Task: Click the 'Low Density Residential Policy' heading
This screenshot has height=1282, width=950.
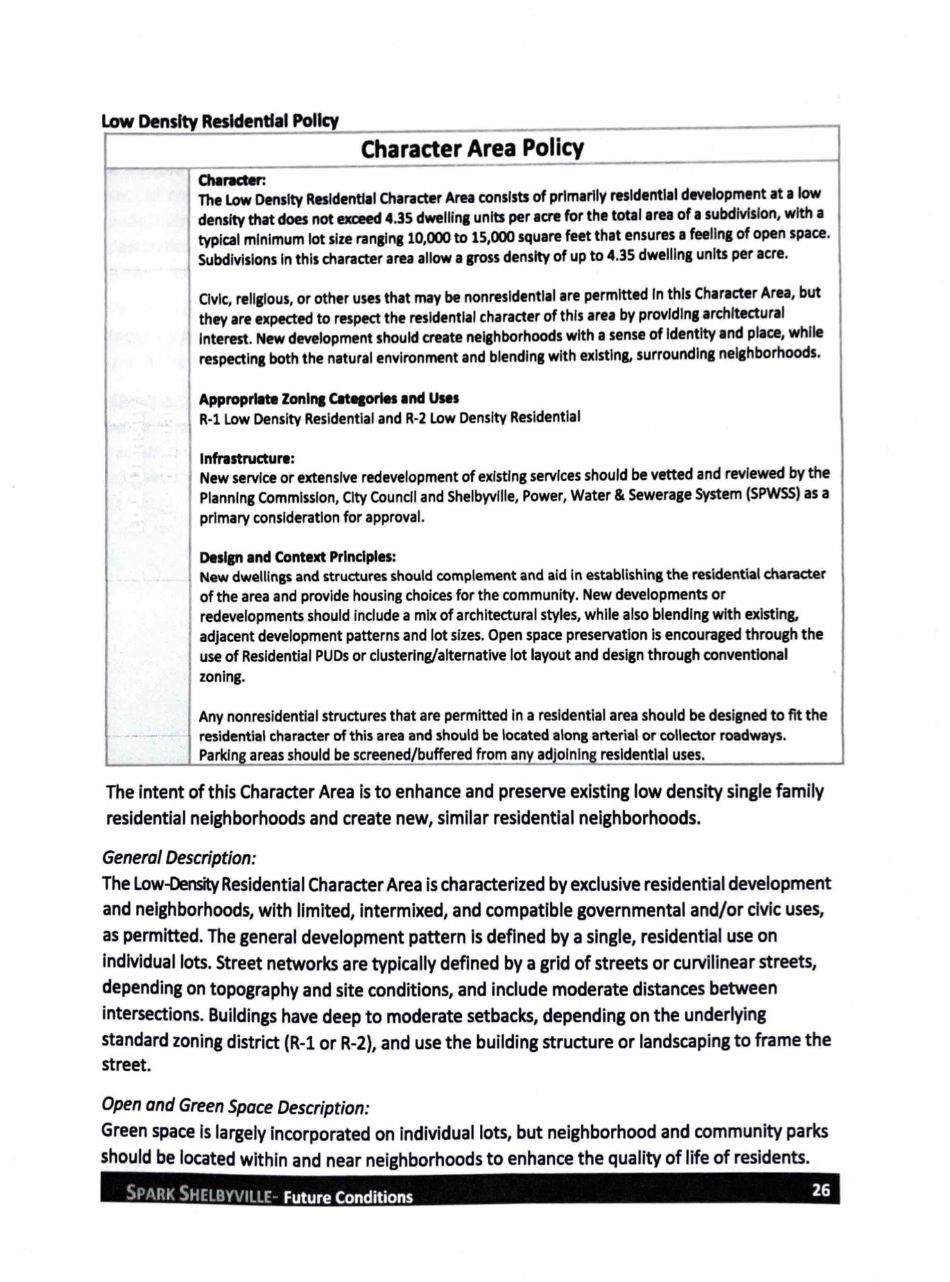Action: (x=220, y=122)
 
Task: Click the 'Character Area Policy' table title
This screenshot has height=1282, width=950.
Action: (x=472, y=148)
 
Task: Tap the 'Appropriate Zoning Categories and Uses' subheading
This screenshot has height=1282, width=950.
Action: (x=329, y=399)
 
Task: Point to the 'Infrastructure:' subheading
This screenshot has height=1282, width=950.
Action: (x=247, y=459)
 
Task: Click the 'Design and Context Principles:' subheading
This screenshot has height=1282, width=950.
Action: (x=297, y=557)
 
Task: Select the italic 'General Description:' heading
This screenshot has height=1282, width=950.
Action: (x=179, y=858)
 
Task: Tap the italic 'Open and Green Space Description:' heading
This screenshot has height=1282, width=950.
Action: (x=235, y=1107)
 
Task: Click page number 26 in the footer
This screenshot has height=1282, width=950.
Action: (x=820, y=1190)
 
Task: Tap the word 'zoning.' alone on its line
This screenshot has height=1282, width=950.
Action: (x=222, y=677)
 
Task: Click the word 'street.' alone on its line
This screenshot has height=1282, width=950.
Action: (x=126, y=1066)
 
